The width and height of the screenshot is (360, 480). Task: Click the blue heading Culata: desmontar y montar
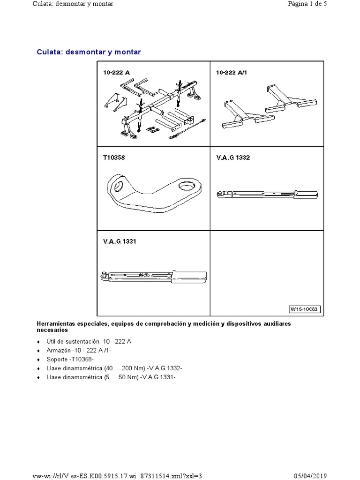(89, 52)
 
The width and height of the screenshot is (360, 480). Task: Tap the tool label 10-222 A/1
(232, 73)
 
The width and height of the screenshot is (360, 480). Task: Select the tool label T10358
(114, 157)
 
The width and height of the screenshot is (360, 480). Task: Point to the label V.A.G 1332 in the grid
(233, 157)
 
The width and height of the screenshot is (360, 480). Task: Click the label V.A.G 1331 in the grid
(120, 242)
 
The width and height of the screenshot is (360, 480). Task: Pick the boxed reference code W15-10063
(304, 309)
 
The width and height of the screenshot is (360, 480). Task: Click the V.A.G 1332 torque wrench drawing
(267, 194)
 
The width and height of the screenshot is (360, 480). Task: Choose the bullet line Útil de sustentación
(90, 342)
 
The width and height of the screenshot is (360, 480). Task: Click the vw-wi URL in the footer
(118, 475)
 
